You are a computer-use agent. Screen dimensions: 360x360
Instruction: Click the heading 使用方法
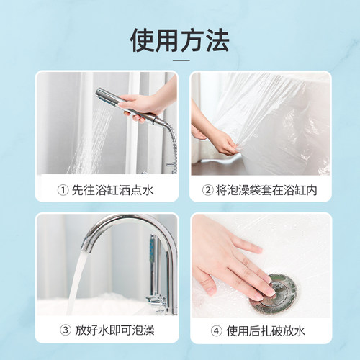click(x=180, y=40)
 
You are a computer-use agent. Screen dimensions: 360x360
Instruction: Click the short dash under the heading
click(x=181, y=60)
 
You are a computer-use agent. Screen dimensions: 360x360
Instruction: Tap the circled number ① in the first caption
click(x=63, y=191)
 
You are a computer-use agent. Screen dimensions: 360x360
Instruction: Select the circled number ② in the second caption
click(x=208, y=190)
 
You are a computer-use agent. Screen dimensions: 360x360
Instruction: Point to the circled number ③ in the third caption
click(x=66, y=330)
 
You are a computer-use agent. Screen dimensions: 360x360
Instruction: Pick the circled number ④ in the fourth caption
click(x=217, y=331)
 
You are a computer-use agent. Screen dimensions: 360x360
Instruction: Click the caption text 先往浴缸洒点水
click(x=112, y=191)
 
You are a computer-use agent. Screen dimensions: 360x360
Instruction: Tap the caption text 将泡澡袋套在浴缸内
click(x=266, y=190)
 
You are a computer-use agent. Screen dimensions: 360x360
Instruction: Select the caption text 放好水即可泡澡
click(x=114, y=330)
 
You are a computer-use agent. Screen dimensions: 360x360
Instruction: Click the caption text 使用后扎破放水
click(x=266, y=331)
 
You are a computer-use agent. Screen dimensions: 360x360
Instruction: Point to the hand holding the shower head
click(x=146, y=104)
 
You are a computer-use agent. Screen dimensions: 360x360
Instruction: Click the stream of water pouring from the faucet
click(x=76, y=283)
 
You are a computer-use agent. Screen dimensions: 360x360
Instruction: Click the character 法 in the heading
click(x=217, y=40)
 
